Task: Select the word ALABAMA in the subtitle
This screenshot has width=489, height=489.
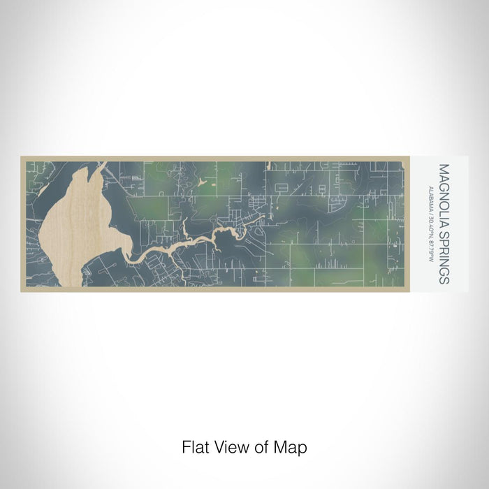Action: (433, 198)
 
